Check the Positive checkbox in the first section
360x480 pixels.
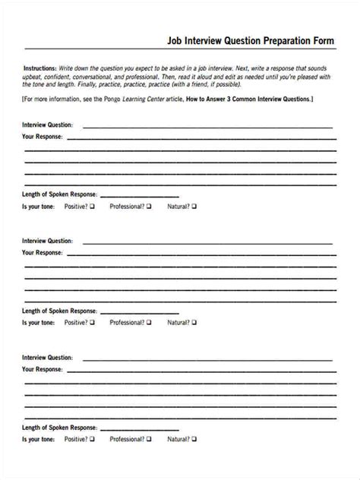pyautogui.click(x=92, y=206)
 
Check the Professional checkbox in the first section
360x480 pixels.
pyautogui.click(x=149, y=206)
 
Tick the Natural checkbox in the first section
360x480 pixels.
pyautogui.click(x=194, y=206)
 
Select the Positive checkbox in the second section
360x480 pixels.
pyautogui.click(x=92, y=322)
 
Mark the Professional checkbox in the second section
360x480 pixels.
pyautogui.click(x=149, y=322)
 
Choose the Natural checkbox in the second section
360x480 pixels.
pyautogui.click(x=194, y=322)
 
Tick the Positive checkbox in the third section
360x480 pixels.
pyautogui.click(x=92, y=439)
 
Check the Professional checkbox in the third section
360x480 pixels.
pyautogui.click(x=149, y=439)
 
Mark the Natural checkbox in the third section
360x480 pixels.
pyautogui.click(x=194, y=439)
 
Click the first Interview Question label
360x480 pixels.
pyautogui.click(x=47, y=125)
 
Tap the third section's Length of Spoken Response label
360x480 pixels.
pyautogui.click(x=59, y=427)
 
